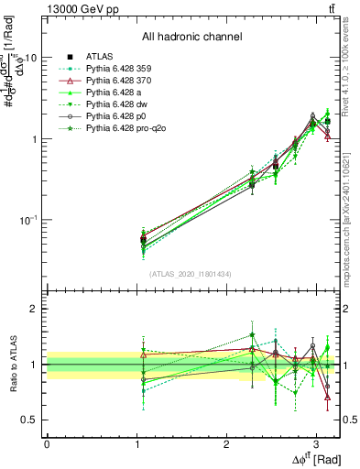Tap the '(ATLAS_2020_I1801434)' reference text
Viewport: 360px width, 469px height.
coord(191,274)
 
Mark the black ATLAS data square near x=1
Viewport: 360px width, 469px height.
coord(142,240)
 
